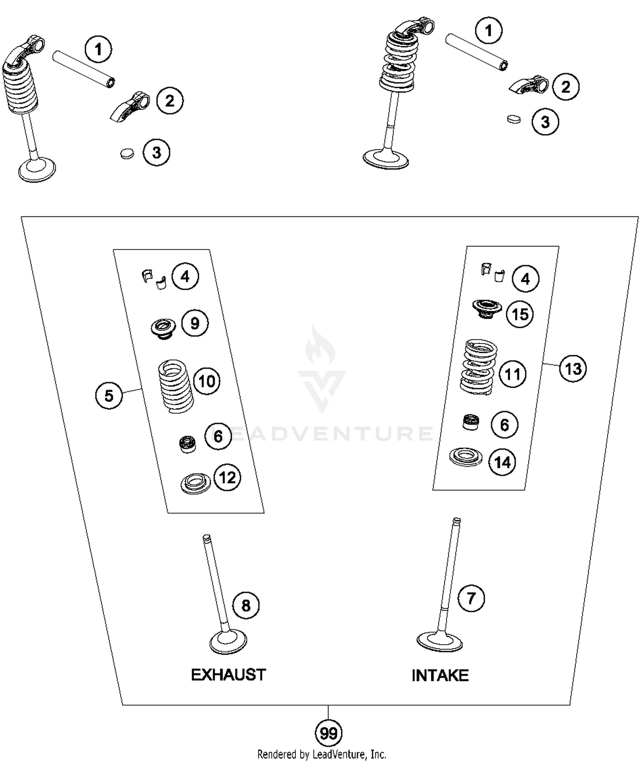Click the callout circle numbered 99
tap(328, 733)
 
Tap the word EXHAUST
tap(228, 675)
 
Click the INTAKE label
tap(440, 676)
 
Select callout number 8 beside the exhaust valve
tap(246, 606)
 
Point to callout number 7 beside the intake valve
tap(471, 598)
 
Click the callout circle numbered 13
tap(573, 368)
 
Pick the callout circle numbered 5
tap(109, 395)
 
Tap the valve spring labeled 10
tap(176, 386)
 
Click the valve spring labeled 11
tap(478, 367)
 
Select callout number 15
tap(520, 314)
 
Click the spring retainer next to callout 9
tap(163, 328)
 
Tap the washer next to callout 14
tap(465, 457)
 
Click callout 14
tap(502, 462)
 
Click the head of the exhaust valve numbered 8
tap(228, 642)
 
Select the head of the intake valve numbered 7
tap(440, 642)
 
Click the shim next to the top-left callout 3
tap(127, 153)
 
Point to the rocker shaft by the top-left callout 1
tap(83, 69)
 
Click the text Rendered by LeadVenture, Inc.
tap(322, 754)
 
